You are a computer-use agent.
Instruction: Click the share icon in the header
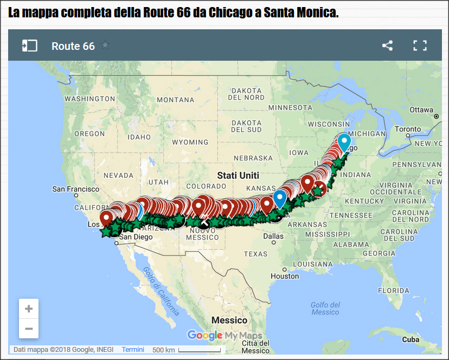click(x=387, y=46)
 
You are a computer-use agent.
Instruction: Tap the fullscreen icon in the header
click(x=420, y=46)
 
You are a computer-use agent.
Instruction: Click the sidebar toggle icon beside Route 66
click(x=29, y=46)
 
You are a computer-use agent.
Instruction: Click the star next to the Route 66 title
click(x=105, y=46)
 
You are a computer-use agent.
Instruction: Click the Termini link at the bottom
click(x=133, y=350)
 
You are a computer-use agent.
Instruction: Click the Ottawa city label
click(x=421, y=110)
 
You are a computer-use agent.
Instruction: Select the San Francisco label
click(x=75, y=189)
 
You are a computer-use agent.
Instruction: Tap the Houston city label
click(x=285, y=276)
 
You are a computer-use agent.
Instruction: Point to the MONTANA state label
click(x=175, y=100)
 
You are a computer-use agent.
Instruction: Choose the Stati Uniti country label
click(x=238, y=176)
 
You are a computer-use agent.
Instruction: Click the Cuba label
click(x=410, y=339)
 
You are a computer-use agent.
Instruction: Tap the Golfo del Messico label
click(x=325, y=308)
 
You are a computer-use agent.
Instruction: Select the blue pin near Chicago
click(x=344, y=143)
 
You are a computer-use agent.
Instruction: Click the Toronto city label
click(x=408, y=129)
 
